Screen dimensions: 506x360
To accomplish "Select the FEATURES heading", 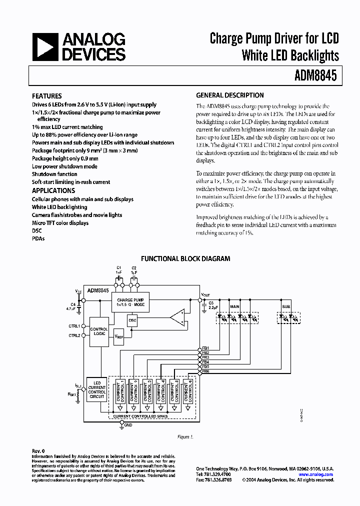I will tap(47, 96).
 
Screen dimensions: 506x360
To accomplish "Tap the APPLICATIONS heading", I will tap(53, 190).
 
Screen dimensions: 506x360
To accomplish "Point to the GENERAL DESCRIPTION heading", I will tap(230, 95).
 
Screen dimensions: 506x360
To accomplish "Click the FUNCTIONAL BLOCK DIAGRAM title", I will tap(185, 258).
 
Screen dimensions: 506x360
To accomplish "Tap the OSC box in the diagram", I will tap(132, 320).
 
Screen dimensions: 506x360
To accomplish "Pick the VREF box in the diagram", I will tap(119, 336).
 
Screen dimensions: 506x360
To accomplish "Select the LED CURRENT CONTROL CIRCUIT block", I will tap(97, 390).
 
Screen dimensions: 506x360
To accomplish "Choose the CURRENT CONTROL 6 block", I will tap(187, 390).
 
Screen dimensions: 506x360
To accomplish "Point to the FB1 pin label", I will tap(205, 347).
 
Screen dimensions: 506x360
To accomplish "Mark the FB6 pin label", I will tap(205, 372).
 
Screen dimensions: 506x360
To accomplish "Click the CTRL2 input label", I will tap(74, 335).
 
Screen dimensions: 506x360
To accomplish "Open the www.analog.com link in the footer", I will tap(315, 474).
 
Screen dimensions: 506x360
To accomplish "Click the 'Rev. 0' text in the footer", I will tap(38, 451).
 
